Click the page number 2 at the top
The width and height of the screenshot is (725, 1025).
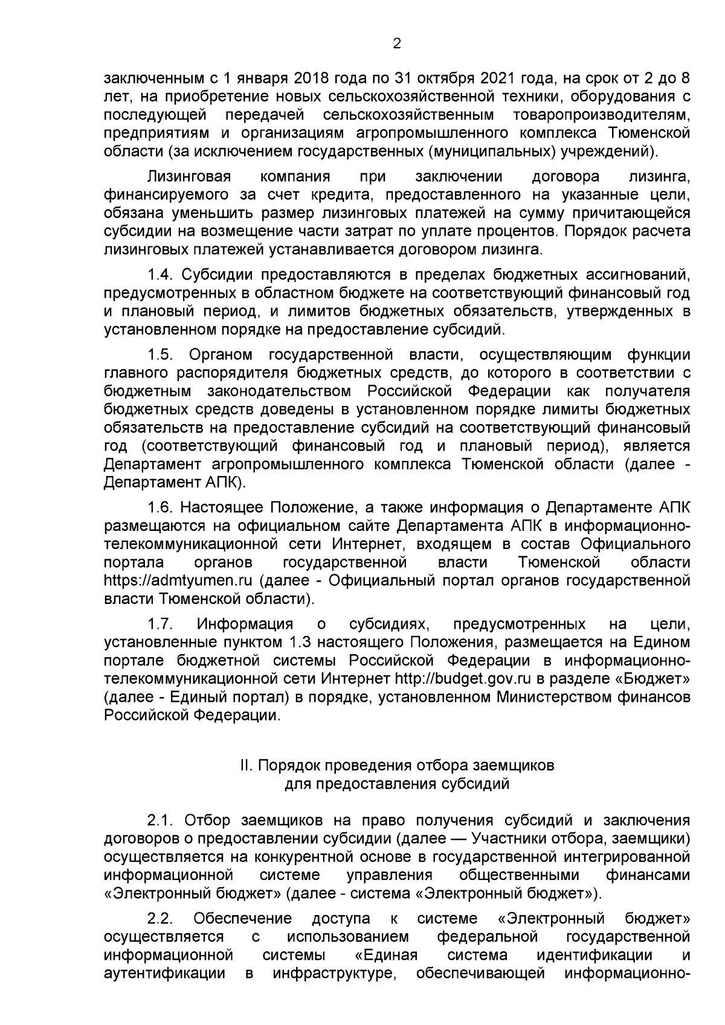click(x=397, y=43)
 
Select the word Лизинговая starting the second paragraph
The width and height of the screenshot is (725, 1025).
click(x=189, y=177)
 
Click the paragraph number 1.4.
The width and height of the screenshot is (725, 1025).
click(x=161, y=275)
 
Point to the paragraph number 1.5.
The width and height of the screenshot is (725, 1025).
click(x=161, y=354)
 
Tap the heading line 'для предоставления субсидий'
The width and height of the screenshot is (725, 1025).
click(x=397, y=784)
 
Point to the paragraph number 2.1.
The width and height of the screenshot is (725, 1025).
click(x=161, y=821)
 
